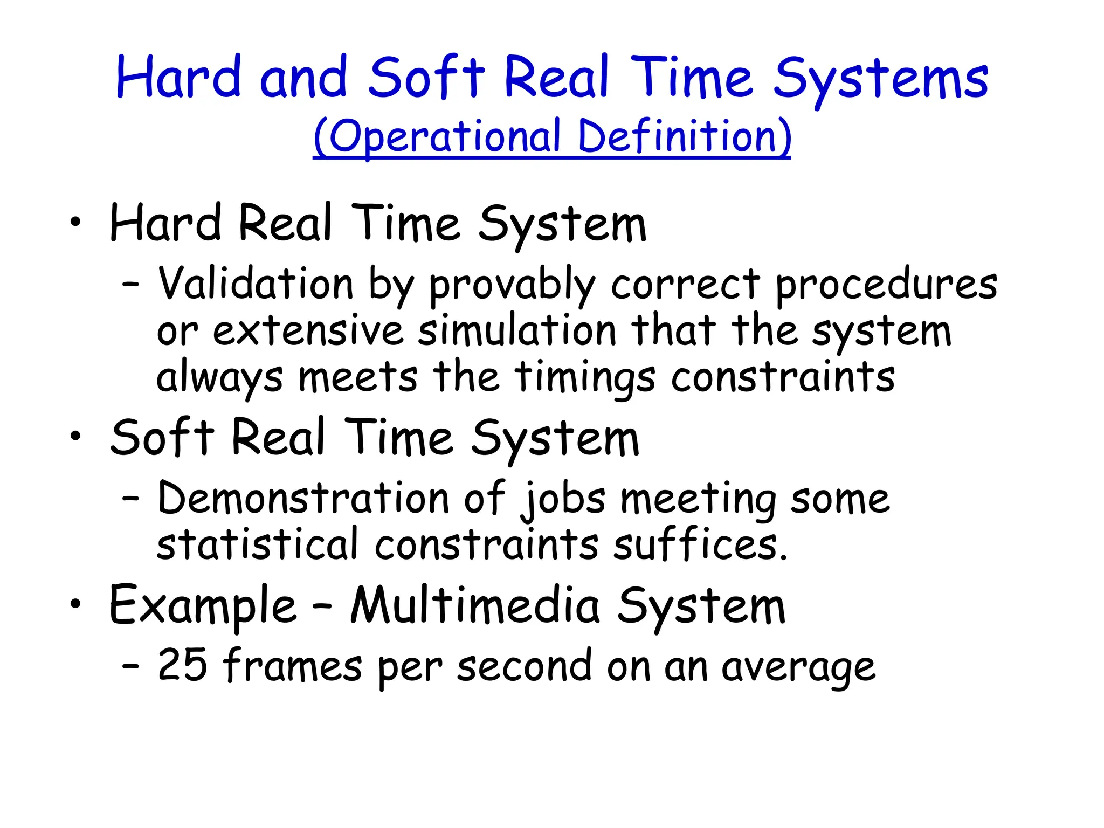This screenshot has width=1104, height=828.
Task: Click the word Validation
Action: coord(256,284)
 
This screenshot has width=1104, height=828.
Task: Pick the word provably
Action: coord(512,286)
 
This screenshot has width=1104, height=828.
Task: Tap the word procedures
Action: coord(886,286)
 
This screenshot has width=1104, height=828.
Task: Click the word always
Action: coord(219,378)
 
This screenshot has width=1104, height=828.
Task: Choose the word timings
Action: coord(585,378)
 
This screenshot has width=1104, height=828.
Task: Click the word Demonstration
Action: coord(303,498)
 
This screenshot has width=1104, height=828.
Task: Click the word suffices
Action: coord(700,544)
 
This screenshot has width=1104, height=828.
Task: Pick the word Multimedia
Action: coord(475,606)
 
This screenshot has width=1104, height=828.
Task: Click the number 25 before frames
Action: coord(182,665)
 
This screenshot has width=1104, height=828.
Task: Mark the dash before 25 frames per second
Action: coord(131,666)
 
